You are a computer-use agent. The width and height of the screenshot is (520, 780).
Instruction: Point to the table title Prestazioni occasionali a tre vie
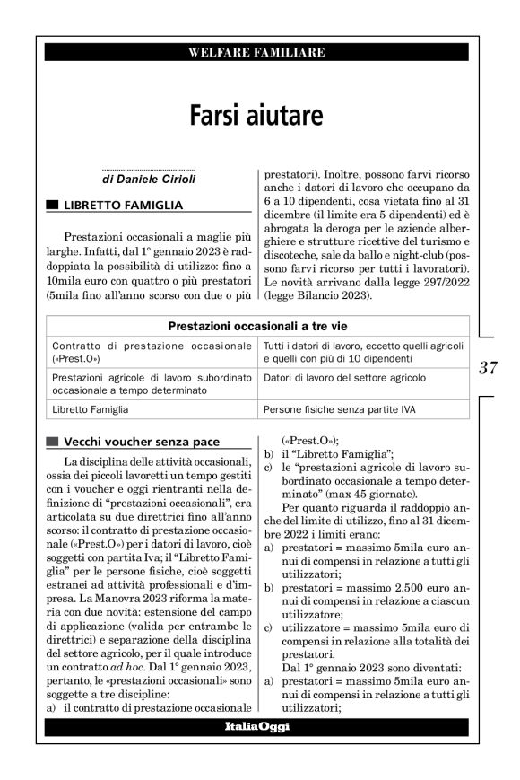[258, 326]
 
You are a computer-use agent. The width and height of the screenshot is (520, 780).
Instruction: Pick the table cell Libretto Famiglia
[90, 409]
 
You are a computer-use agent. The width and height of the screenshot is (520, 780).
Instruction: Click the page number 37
[489, 366]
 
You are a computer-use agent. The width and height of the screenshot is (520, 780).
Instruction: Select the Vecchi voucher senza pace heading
[141, 442]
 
